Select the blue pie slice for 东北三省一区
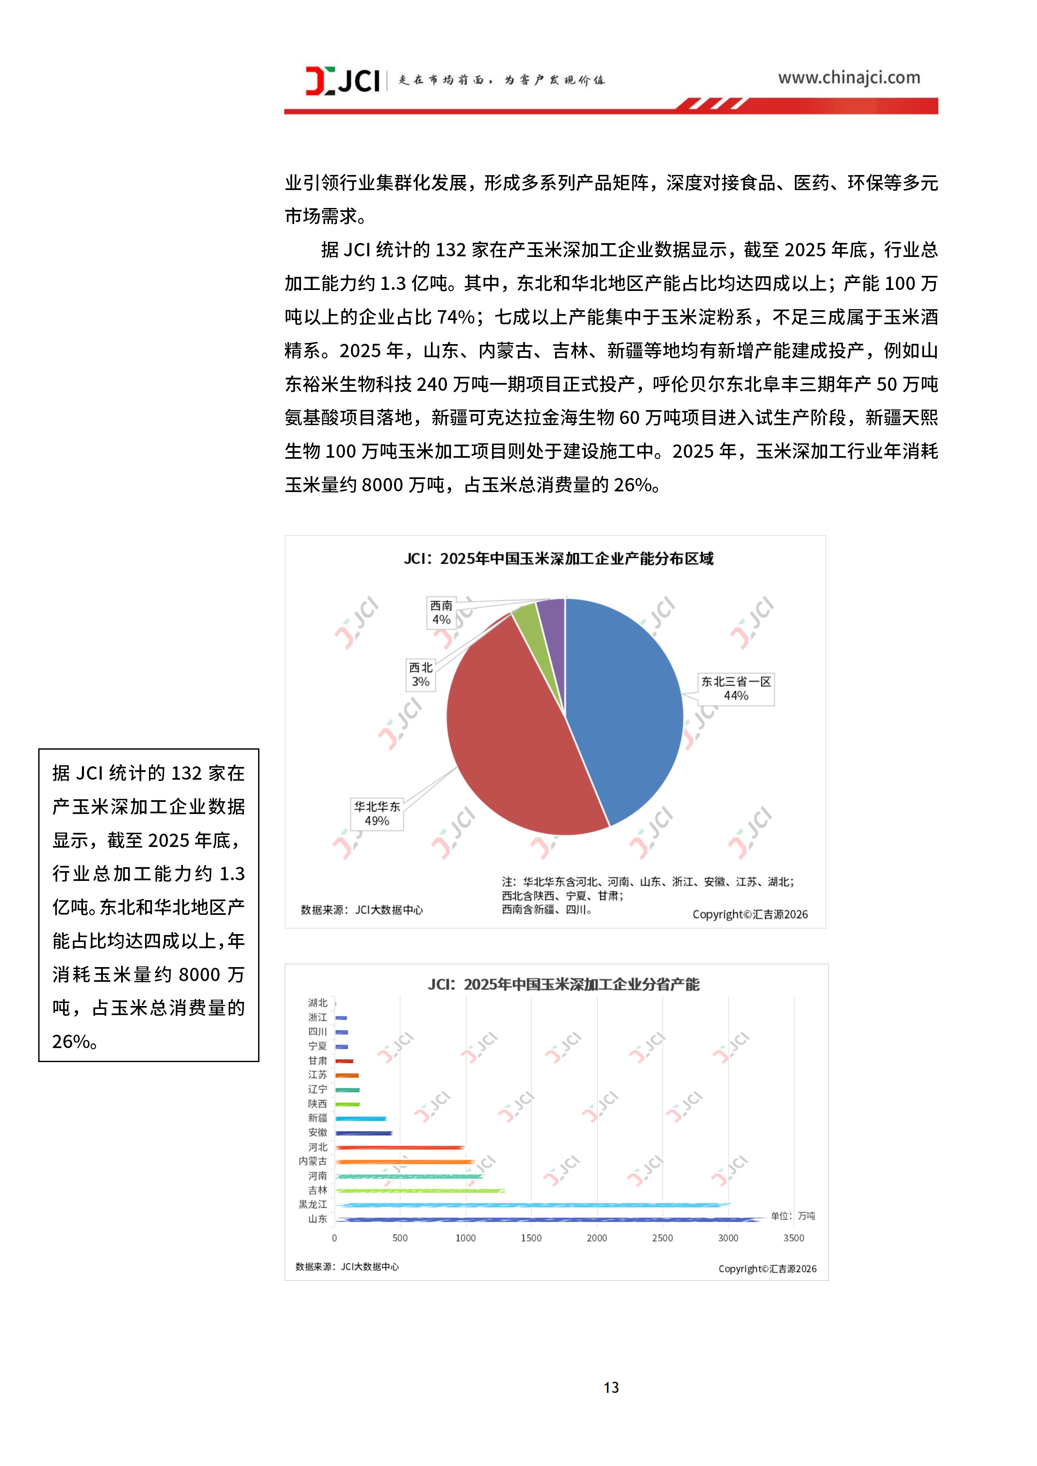[x=626, y=709]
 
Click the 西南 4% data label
[x=441, y=612]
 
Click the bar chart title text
[x=563, y=984]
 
